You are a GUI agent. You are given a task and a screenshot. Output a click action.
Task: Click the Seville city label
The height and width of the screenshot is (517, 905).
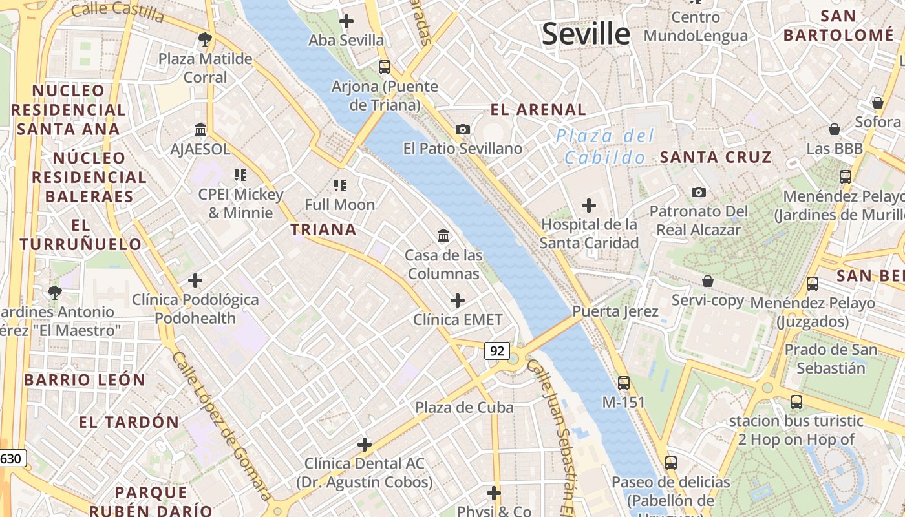pos(586,34)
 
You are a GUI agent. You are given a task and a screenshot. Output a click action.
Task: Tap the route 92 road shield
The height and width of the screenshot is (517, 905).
pos(496,351)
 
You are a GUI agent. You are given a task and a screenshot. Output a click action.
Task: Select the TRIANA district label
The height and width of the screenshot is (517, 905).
pos(323,229)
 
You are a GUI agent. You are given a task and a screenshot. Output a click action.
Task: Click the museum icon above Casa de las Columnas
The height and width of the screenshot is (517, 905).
pos(443,236)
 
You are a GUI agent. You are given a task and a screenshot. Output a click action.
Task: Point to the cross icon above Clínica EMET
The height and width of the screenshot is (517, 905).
pos(458,301)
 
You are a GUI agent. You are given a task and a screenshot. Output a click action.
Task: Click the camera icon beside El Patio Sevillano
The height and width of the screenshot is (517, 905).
pos(462,130)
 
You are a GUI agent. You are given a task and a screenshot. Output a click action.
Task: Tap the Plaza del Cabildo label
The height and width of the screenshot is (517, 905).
pos(604,147)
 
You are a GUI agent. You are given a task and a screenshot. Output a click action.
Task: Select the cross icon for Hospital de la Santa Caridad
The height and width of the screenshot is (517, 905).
pos(589,206)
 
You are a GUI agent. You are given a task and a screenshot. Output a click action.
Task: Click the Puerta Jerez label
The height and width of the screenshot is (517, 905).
pos(615,311)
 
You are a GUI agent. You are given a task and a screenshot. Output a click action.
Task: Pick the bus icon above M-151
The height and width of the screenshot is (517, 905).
pos(624,383)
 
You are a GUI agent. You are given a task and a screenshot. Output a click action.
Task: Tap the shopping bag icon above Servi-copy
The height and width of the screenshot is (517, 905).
pos(708,281)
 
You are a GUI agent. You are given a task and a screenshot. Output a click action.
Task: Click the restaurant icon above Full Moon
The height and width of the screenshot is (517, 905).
pos(340,186)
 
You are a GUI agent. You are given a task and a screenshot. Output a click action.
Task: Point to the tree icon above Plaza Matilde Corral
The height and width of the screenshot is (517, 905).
pos(205,39)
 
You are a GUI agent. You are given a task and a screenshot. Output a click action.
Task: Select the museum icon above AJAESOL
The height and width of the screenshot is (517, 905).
pos(200,130)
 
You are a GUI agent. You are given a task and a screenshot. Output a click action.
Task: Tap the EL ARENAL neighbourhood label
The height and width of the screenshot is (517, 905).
pos(538,109)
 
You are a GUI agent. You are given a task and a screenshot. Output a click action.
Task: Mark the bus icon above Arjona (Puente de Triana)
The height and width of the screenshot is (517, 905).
pos(385,67)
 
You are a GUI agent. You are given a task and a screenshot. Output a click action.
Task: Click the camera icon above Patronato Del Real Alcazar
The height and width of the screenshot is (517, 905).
pos(698,192)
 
